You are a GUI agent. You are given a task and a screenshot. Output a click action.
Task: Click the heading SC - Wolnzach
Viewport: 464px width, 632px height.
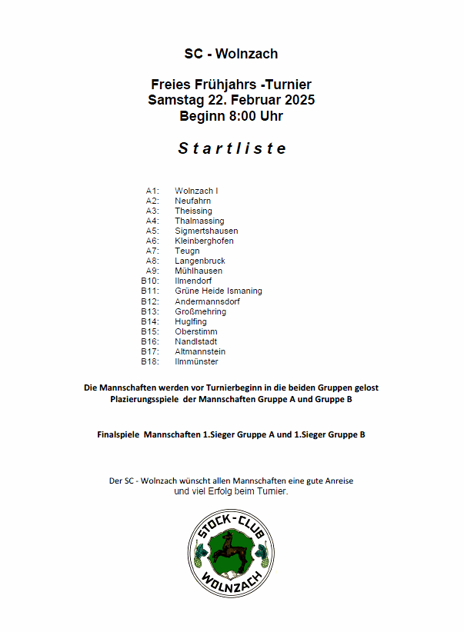231,54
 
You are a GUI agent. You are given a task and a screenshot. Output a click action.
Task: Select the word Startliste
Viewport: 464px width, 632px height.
232,148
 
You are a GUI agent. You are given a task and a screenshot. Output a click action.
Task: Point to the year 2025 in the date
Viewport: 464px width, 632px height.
296,101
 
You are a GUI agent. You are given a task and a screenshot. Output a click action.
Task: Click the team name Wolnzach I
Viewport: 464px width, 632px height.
196,191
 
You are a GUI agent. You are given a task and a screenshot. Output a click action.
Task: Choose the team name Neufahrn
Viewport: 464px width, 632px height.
192,201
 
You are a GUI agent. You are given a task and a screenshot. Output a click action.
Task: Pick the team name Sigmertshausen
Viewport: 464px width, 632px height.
206,231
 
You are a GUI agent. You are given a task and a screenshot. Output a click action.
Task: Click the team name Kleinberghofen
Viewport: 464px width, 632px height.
204,241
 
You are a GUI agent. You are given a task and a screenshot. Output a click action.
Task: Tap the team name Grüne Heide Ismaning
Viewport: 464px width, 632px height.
219,291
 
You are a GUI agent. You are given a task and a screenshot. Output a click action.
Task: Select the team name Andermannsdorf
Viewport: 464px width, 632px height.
207,301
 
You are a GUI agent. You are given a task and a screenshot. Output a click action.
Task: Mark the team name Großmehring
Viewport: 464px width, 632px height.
200,311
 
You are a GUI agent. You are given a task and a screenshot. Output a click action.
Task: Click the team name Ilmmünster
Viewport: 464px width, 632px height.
196,361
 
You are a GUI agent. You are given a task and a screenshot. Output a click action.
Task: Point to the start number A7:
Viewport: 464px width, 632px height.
152,251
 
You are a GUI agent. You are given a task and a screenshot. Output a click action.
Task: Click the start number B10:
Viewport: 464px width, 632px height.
150,281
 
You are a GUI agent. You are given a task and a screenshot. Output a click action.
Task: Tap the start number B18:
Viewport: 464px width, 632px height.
150,361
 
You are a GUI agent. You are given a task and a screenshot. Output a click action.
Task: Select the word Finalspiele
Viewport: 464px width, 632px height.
118,434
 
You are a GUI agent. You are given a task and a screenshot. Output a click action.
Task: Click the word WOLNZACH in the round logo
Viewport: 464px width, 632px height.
231,581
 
